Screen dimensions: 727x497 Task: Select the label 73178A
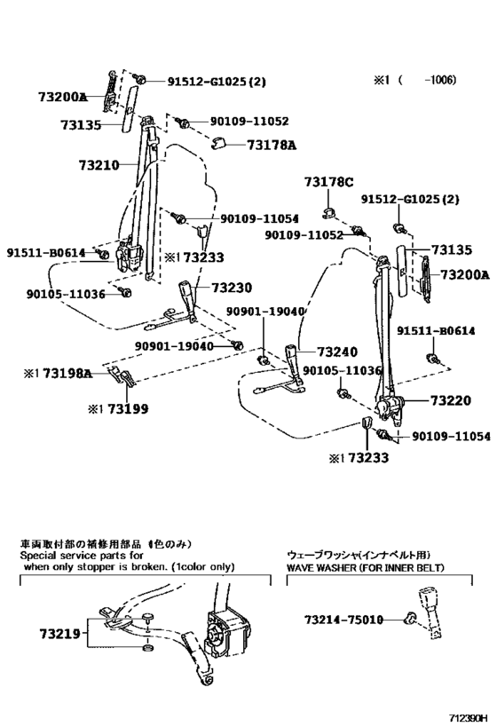pyautogui.click(x=271, y=145)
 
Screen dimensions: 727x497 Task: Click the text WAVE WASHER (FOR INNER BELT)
pyautogui.click(x=365, y=566)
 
